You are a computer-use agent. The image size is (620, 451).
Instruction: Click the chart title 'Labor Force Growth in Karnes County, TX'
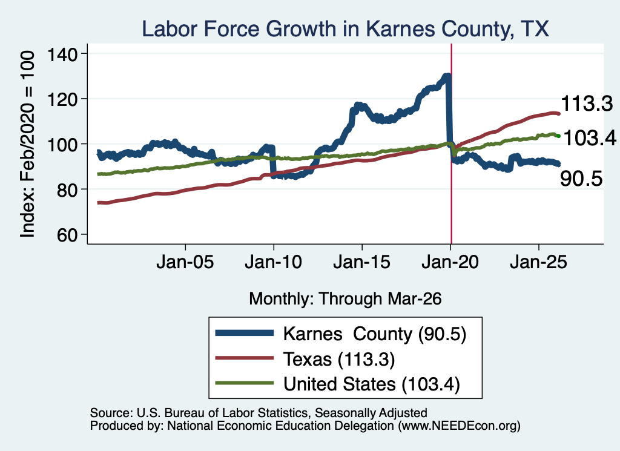(345, 29)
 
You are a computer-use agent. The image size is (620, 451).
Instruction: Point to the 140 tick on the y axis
(62, 54)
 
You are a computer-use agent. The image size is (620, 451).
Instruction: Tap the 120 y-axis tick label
(62, 99)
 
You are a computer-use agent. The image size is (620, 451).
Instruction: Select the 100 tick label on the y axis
(62, 144)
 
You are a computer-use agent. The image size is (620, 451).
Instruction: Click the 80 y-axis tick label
(67, 189)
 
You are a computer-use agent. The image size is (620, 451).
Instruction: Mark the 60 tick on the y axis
(67, 234)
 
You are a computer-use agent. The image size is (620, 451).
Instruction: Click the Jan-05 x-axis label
(185, 262)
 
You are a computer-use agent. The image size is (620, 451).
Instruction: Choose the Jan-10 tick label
(273, 262)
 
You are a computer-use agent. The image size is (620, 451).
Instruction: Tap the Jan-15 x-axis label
(362, 262)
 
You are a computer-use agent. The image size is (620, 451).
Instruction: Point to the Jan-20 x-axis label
(450, 262)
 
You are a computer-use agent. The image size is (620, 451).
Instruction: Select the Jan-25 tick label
(538, 262)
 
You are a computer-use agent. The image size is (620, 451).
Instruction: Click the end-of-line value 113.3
(587, 104)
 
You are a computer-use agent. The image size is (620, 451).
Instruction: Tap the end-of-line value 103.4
(590, 139)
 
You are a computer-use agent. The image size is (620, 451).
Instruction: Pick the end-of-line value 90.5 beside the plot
(581, 178)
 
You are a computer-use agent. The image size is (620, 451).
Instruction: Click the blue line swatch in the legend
(245, 333)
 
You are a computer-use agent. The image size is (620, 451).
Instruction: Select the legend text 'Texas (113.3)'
(339, 359)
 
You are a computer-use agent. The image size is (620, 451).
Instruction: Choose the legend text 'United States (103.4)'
(372, 384)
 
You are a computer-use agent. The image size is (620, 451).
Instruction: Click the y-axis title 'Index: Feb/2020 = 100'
(27, 144)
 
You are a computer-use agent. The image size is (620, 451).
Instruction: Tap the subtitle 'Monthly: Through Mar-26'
(345, 298)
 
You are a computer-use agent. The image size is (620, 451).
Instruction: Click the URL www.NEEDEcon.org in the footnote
(459, 426)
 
